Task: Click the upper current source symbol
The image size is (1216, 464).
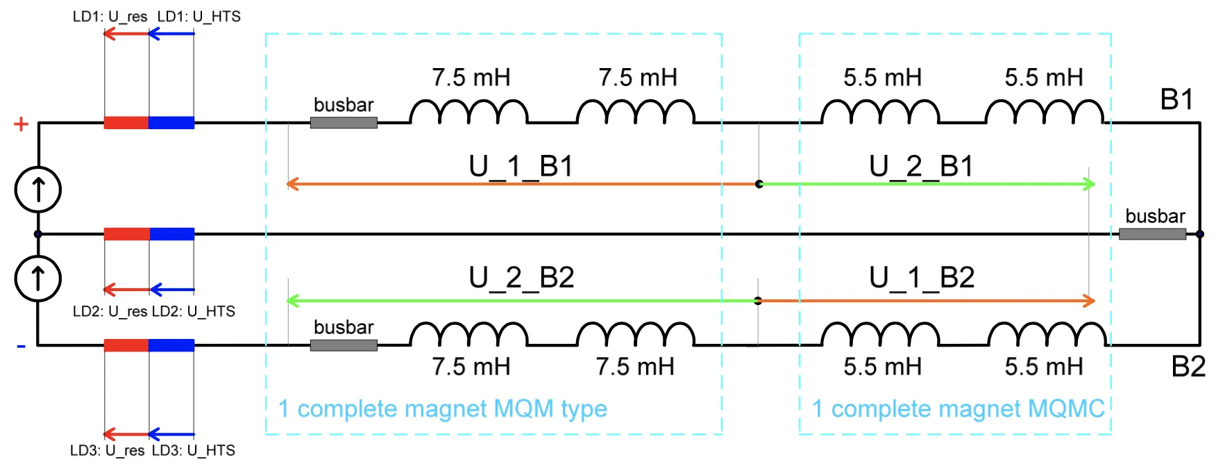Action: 38,190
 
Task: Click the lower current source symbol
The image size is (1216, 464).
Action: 38,279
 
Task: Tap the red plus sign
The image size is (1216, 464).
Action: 21,124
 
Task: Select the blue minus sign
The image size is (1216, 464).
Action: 21,346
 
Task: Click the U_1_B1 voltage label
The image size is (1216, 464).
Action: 521,167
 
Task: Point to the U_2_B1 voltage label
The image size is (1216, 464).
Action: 921,167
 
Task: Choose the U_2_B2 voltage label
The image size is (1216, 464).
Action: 521,278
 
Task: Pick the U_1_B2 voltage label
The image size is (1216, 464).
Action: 922,278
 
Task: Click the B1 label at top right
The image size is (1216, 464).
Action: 1176,100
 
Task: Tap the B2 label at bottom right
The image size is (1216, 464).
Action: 1188,367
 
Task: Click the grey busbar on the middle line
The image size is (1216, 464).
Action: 1152,234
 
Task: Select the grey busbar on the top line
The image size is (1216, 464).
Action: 344,123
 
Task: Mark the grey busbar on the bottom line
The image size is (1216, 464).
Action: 344,345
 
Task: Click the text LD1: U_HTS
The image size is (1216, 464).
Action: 199,17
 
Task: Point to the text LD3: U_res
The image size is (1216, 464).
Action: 108,450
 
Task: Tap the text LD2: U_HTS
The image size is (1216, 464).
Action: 194,311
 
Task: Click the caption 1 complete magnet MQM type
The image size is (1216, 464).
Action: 442,408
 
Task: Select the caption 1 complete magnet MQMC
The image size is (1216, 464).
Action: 958,408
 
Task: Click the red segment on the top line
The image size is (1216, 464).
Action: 126,123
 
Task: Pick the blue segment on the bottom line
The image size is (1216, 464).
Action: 171,345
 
